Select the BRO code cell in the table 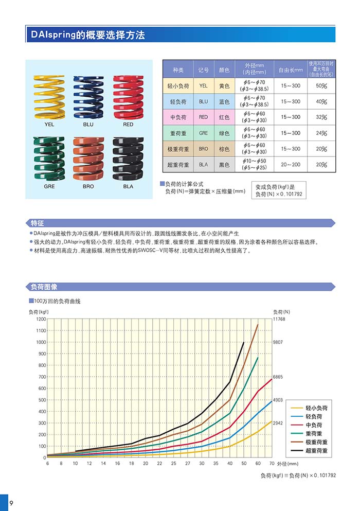[204, 149]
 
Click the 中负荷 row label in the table [178, 117]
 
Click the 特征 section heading [38, 223]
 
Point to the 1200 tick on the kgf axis [41, 319]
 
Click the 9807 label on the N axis [278, 342]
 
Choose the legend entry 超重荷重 [316, 451]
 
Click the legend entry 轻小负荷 [316, 408]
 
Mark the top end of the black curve [243, 342]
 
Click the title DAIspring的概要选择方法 [87, 35]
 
